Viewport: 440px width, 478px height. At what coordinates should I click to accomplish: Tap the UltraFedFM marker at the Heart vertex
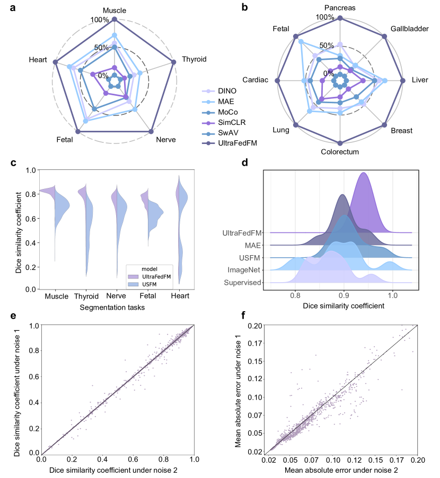(x=56, y=62)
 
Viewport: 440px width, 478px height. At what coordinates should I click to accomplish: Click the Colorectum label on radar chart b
(x=340, y=152)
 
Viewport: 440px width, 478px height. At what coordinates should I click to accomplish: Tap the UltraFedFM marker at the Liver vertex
(x=402, y=80)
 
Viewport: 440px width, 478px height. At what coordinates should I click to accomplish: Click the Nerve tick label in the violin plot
(x=117, y=296)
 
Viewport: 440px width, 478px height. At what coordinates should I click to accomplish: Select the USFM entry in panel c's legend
(x=150, y=284)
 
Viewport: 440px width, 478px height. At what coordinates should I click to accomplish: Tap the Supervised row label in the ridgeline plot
(x=242, y=282)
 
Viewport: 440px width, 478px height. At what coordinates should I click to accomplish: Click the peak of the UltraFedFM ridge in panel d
(x=364, y=173)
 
